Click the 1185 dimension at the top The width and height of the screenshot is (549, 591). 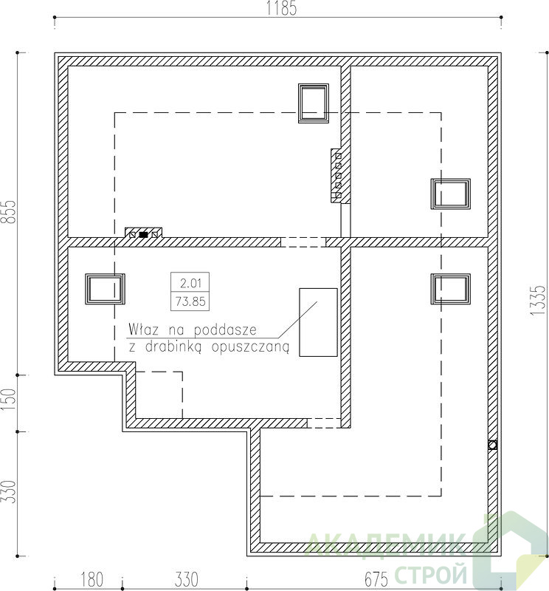(x=281, y=8)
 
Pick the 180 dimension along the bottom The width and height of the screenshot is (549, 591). (x=92, y=579)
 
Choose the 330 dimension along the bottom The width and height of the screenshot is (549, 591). (x=187, y=579)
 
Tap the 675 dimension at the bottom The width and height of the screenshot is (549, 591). (x=376, y=579)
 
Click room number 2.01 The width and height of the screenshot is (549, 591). (x=190, y=283)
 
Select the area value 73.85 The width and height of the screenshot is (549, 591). (x=190, y=301)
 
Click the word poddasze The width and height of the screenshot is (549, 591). (x=225, y=330)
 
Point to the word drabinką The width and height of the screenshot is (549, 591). (x=173, y=346)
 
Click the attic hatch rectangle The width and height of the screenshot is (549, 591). (x=318, y=322)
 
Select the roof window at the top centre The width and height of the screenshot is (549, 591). (x=314, y=103)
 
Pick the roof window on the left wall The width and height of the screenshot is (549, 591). (x=105, y=289)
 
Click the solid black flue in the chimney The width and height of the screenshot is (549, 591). (x=143, y=234)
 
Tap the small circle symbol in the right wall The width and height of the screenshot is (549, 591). (x=492, y=445)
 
